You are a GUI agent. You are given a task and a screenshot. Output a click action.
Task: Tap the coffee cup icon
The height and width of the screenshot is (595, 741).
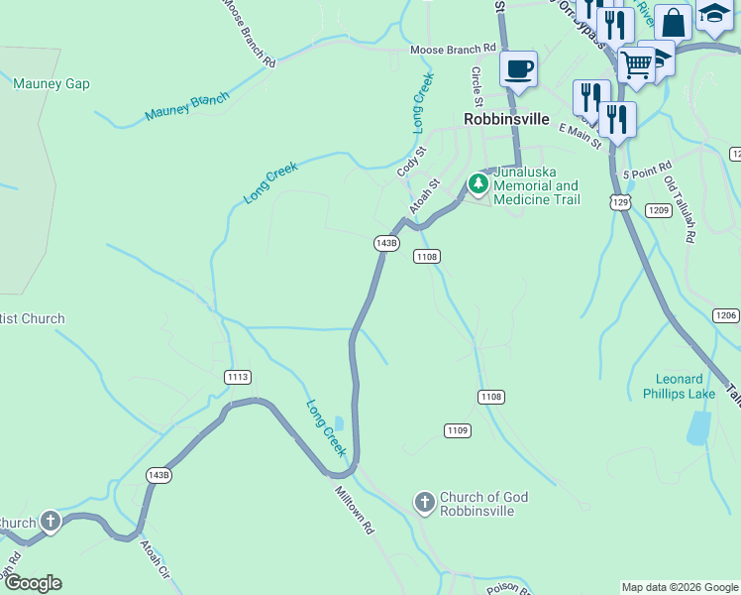tap(518, 69)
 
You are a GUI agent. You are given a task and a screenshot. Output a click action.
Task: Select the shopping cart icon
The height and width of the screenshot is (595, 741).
tap(636, 65)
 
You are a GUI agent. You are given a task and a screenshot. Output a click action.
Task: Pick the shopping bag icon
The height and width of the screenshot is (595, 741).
tap(673, 22)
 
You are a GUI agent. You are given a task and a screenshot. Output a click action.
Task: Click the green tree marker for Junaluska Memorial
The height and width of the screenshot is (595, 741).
tap(477, 184)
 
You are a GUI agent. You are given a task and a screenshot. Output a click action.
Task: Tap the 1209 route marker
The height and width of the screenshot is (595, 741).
tap(659, 210)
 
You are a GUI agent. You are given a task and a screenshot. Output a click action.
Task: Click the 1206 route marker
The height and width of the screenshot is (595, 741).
tap(725, 314)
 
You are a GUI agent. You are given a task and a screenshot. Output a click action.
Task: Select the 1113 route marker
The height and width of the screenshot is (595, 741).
tap(238, 377)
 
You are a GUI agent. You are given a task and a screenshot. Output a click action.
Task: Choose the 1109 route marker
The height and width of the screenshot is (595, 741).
tap(457, 429)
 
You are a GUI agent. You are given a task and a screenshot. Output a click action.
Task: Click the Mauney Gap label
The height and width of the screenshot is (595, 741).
tap(52, 84)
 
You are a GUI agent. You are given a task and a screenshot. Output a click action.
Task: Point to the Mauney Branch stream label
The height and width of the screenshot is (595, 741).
tap(186, 106)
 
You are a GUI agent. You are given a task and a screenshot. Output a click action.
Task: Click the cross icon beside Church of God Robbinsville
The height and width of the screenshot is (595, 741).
tap(424, 503)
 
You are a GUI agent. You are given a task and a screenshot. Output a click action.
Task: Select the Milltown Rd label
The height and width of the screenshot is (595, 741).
tap(353, 510)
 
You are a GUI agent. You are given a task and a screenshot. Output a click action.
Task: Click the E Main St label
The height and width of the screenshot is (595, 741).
tap(580, 135)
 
